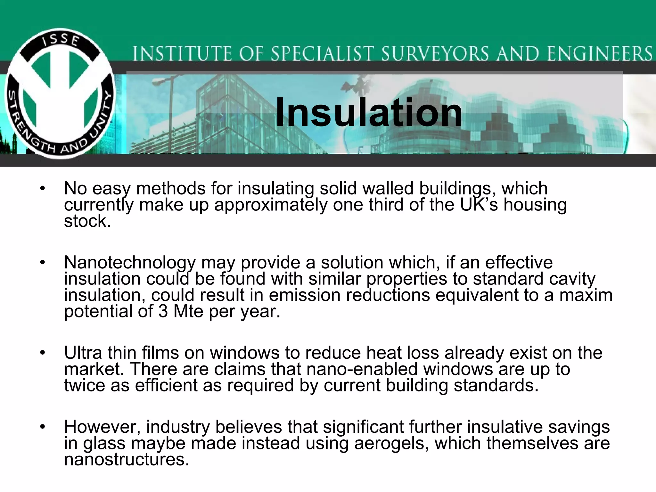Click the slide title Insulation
pos(369,112)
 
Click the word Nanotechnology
pos(130,263)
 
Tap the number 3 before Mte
pos(163,311)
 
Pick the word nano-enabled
pos(362,369)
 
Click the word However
pos(102,427)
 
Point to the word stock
pos(87,221)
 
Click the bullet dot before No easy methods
pos(43,189)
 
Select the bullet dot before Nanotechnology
pos(43,263)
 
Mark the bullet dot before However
pos(43,427)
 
